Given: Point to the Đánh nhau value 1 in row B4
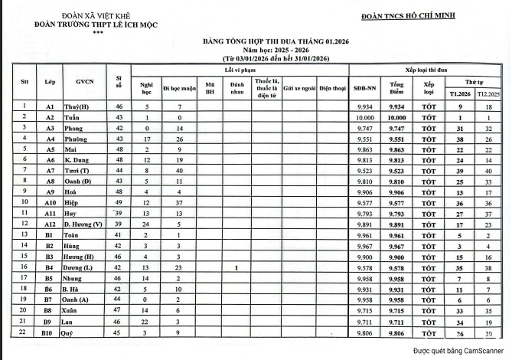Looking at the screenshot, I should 237,268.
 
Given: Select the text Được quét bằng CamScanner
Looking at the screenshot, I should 455,351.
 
